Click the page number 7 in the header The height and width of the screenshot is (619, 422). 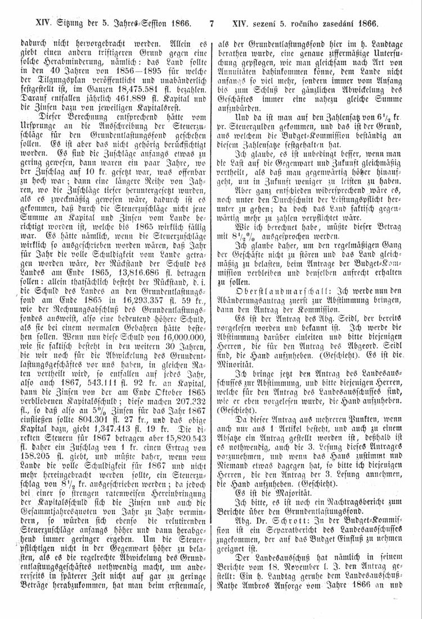[212, 24]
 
